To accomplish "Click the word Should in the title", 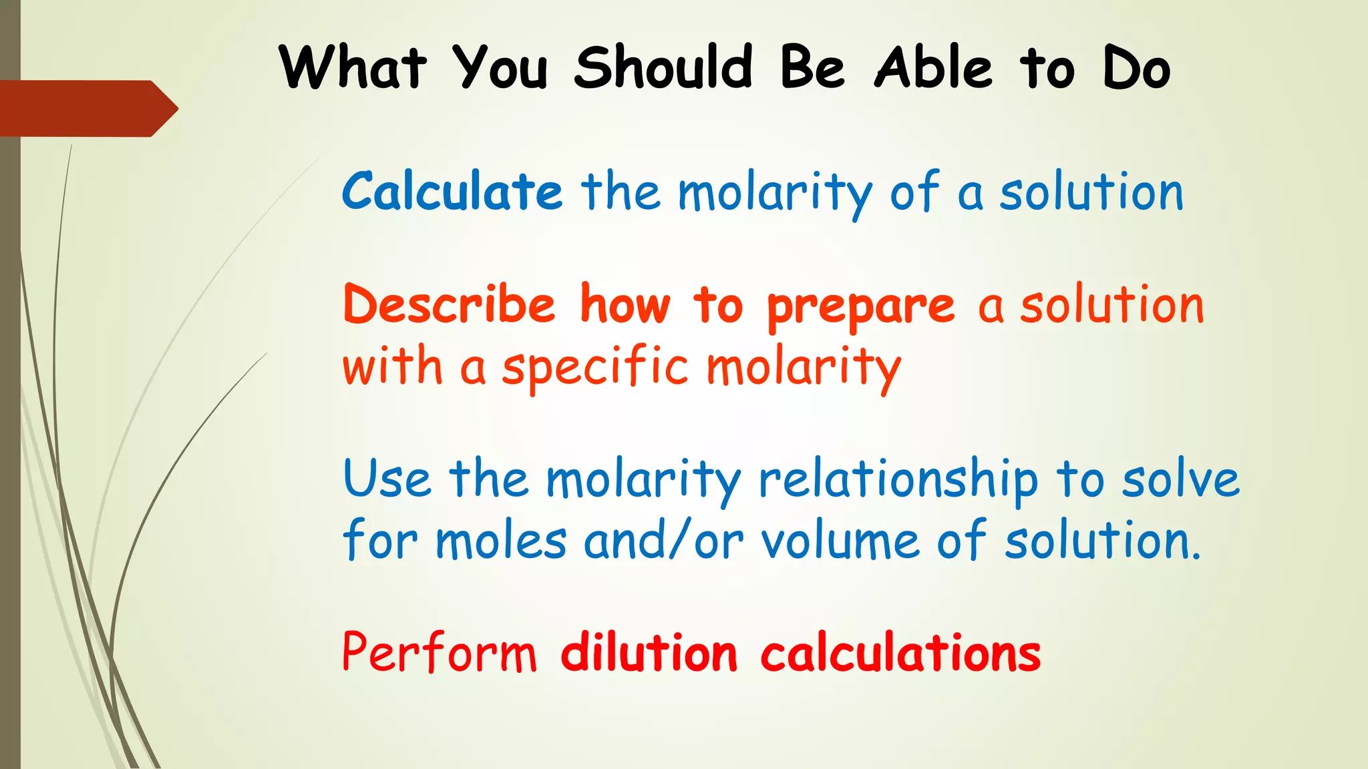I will point(663,67).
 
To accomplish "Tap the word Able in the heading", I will point(933,67).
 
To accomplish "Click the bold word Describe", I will point(449,304).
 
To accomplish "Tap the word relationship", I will point(898,481).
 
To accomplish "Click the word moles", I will point(501,541).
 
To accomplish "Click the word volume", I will point(840,541).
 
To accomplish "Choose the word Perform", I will point(439,653).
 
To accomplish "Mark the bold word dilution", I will point(649,653).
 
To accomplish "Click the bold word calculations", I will point(900,653).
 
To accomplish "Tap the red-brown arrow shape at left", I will point(87,108).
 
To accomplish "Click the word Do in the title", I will point(1136,67).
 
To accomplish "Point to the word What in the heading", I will point(353,67).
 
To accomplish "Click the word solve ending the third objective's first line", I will point(1180,479).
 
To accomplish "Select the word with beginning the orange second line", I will point(392,367).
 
